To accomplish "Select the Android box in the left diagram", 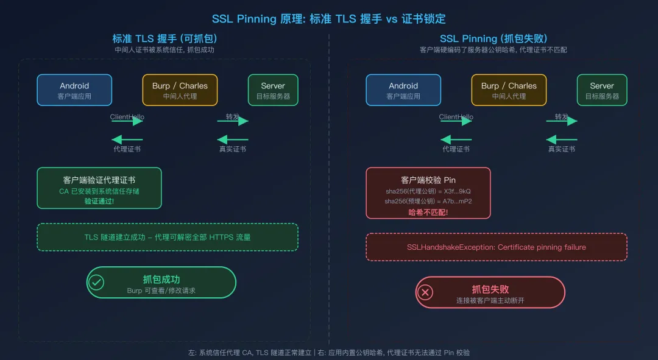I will [x=74, y=90].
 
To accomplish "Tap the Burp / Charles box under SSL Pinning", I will [x=509, y=90].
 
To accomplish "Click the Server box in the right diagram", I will [x=601, y=90].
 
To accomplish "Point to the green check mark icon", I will [x=96, y=282].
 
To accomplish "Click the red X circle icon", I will [x=426, y=292].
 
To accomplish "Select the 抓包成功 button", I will [x=161, y=283].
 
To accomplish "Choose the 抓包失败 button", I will [x=490, y=292].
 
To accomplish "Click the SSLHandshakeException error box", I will [x=496, y=247].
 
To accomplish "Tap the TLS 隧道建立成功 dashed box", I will [x=167, y=237].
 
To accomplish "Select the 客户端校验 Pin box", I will [x=428, y=192].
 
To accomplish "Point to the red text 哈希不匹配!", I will [x=428, y=212].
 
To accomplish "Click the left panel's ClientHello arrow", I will [x=127, y=121].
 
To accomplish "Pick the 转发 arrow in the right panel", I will [x=561, y=121].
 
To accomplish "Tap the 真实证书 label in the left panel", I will [x=233, y=149].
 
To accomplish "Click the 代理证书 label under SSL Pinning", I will [x=456, y=149].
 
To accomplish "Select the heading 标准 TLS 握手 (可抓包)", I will [x=164, y=38].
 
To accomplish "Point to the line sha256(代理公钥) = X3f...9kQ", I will [x=428, y=191].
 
